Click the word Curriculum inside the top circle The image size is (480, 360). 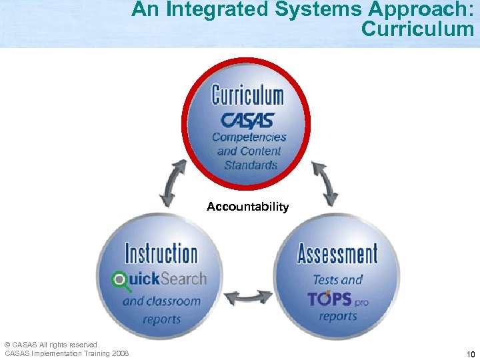click(x=247, y=95)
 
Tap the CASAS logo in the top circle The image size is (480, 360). click(x=247, y=121)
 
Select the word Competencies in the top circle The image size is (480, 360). click(x=249, y=137)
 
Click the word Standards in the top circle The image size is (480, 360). click(x=251, y=165)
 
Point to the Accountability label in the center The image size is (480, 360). click(x=247, y=207)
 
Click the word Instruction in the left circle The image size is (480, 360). click(x=161, y=254)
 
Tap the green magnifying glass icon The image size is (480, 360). click(x=121, y=281)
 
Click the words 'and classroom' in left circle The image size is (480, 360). click(x=161, y=301)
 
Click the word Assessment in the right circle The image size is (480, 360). click(x=337, y=254)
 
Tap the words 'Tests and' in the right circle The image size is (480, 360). click(x=337, y=279)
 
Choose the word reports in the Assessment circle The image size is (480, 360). click(x=337, y=316)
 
